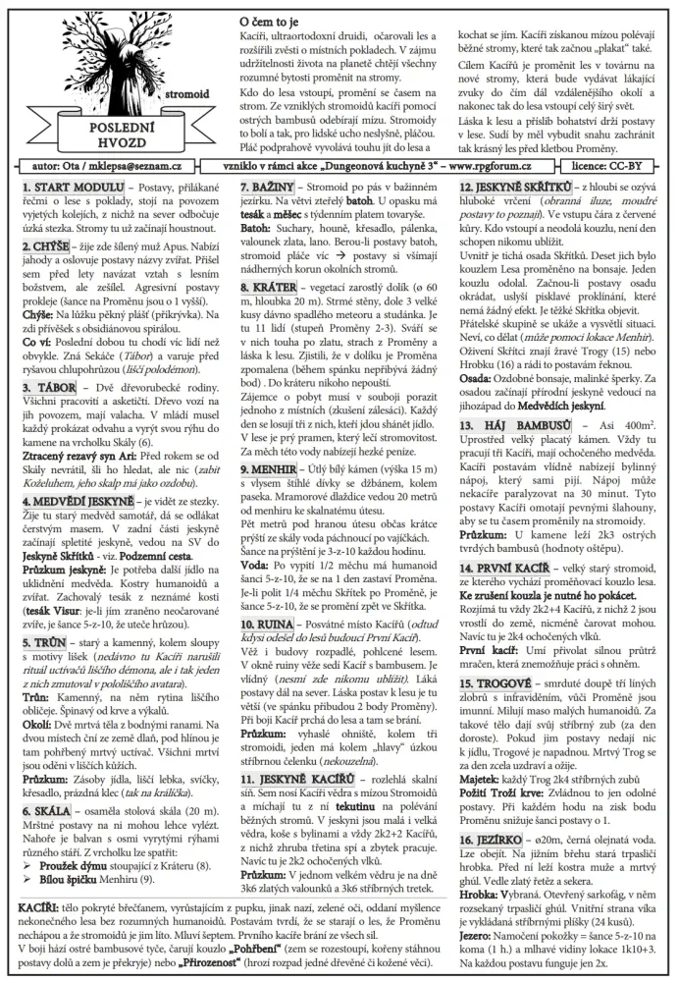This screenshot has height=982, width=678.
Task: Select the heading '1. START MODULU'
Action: point(60,186)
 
